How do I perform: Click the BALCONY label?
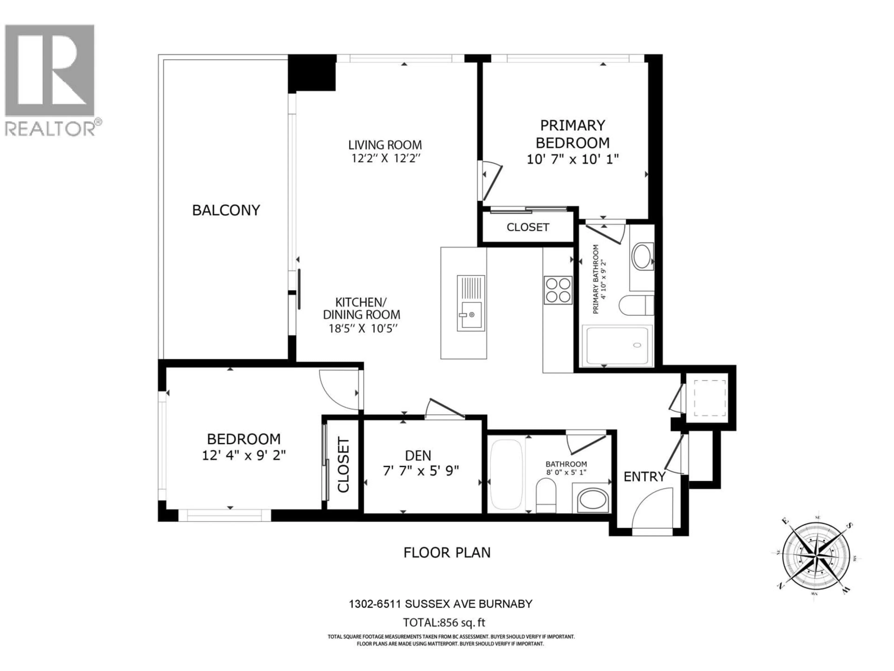226,210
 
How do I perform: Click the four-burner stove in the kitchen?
558,290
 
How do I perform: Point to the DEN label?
418,456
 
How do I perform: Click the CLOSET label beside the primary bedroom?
527,227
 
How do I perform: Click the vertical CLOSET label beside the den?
343,465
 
